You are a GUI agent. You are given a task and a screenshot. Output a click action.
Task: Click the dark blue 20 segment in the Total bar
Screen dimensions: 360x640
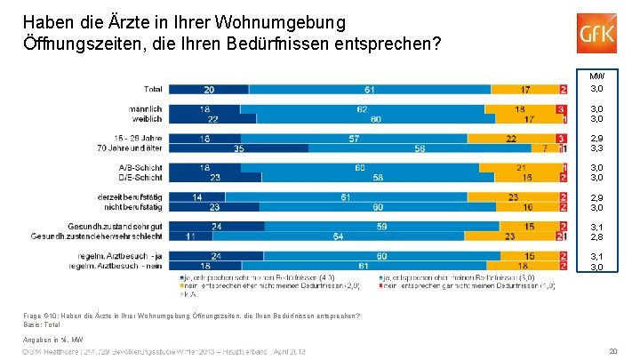pos(208,90)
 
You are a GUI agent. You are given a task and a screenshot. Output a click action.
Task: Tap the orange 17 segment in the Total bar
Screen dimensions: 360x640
pos(526,90)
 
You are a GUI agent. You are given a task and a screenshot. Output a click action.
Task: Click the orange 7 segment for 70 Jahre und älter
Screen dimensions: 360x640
pos(545,148)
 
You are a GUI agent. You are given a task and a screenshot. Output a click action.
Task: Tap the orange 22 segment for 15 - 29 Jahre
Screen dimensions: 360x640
pos(511,139)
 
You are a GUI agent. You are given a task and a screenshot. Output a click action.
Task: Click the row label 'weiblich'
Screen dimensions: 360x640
pos(147,119)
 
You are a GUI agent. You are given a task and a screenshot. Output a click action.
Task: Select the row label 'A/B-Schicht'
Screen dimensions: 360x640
pos(140,168)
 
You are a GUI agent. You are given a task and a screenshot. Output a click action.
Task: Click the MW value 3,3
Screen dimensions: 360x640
pos(596,149)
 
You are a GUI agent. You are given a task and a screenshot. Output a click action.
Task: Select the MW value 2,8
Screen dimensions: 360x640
pos(596,237)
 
